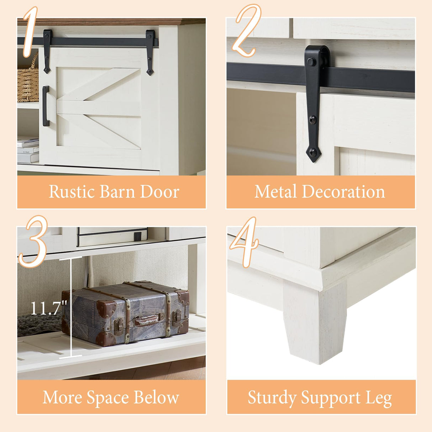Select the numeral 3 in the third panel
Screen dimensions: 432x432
coord(33,242)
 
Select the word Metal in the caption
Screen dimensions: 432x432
coord(275,192)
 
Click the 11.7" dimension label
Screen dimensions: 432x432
coord(48,308)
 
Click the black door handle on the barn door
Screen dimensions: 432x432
coord(46,106)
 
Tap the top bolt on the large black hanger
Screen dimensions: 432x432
coord(310,62)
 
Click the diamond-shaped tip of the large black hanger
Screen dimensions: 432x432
coord(313,153)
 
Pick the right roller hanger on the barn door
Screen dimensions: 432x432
coord(150,52)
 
